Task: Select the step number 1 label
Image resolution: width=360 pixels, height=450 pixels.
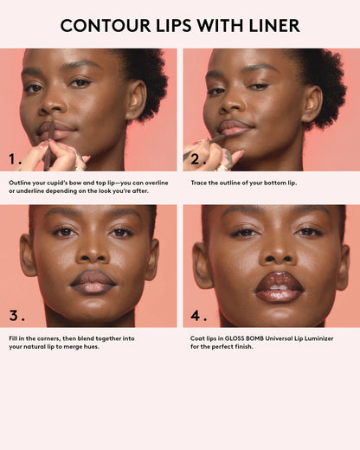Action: (16, 159)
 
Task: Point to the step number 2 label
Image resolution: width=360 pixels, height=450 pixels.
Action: (198, 159)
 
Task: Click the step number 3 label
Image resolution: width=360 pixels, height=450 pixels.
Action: (16, 315)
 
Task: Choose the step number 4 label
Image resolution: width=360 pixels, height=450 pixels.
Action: (198, 315)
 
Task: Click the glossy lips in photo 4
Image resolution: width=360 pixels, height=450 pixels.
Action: (279, 286)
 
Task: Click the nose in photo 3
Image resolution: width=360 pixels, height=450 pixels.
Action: (93, 252)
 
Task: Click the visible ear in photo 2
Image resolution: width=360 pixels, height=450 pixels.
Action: (312, 100)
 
